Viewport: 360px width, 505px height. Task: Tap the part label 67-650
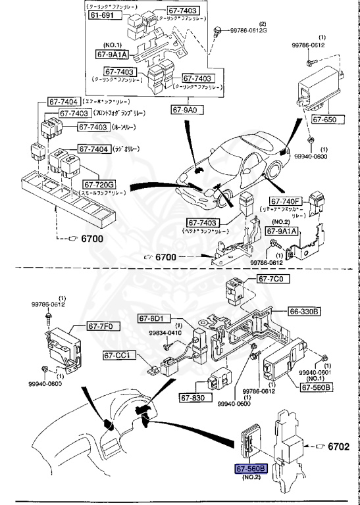324,120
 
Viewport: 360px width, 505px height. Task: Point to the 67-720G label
99,185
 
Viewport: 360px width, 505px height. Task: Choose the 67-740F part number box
285,202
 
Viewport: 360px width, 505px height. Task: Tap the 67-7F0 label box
101,325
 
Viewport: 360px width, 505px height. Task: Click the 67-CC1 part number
118,356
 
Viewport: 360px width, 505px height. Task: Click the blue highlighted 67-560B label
251,468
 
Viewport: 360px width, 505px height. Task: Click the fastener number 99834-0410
165,333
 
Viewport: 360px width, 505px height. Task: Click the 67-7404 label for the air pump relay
62,102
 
